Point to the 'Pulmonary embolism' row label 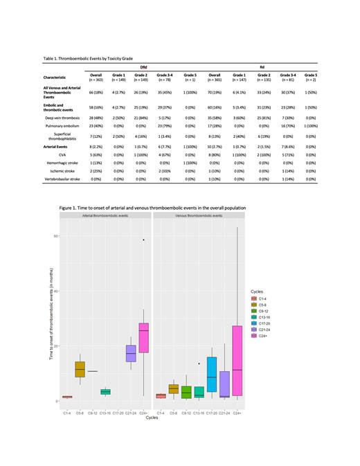coord(60,125)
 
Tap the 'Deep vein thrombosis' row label coord(60,118)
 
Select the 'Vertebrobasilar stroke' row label coord(60,178)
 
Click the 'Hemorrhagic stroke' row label coord(60,163)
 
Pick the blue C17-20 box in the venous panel coord(212,375)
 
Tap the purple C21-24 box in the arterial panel coord(131,353)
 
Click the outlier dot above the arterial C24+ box coord(143,240)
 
